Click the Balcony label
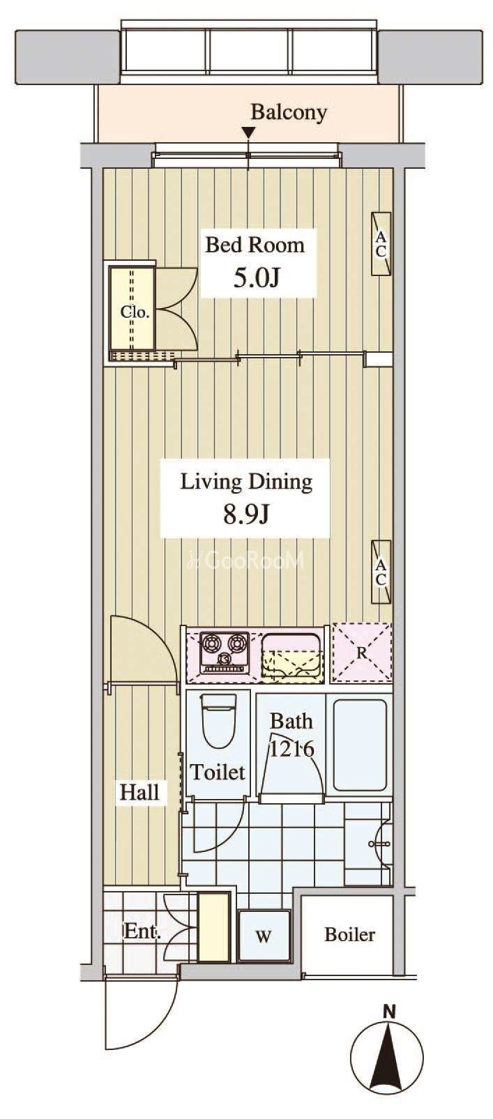coord(289,112)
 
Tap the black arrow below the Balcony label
coord(249,133)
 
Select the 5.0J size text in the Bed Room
coord(256,278)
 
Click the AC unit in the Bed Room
coord(381,243)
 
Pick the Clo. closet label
coord(135,312)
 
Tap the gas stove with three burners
coord(225,653)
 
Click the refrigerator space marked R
coord(362,653)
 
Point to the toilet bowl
coord(218,720)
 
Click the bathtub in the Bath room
coord(360,744)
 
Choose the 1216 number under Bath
coord(291,749)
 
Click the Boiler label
coord(349,934)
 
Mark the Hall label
coord(140,792)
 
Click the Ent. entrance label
coord(142,931)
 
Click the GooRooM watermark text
coord(245,560)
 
